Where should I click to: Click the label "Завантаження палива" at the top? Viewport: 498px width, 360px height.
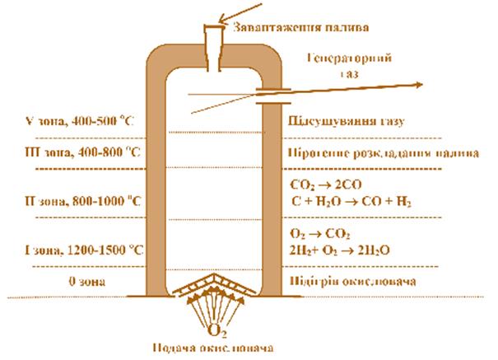300,28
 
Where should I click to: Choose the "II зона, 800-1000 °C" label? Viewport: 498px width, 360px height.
83,200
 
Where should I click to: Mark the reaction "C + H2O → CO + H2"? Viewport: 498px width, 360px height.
346,200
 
